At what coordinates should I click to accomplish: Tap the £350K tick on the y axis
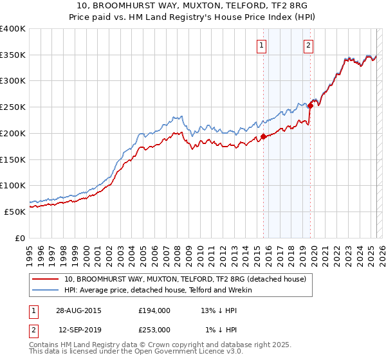coord(13,55)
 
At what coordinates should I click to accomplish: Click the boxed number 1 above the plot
coord(262,45)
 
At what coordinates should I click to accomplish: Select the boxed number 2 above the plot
coord(309,45)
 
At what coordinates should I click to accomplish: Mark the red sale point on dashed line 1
coord(263,136)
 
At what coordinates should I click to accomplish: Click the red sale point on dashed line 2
coord(310,106)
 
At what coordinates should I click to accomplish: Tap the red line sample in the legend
coord(46,279)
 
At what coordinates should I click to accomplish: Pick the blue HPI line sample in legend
coord(46,290)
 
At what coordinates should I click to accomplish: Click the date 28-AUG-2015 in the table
coord(78,310)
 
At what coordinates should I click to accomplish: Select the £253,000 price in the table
coord(154,330)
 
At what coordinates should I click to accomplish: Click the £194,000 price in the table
coord(154,310)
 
